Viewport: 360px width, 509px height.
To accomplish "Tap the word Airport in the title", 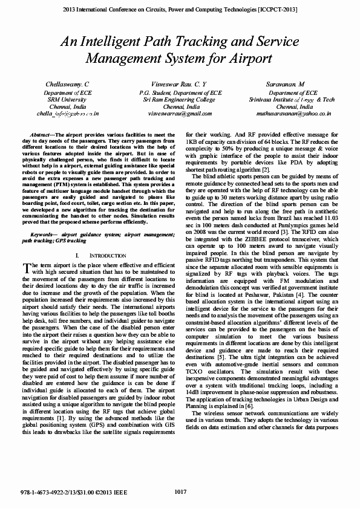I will (x=249, y=59).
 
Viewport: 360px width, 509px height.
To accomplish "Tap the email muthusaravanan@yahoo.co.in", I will (x=293, y=113).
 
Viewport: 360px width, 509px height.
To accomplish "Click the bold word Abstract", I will (x=41, y=134).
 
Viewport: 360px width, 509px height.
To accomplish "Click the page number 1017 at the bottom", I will (x=180, y=492).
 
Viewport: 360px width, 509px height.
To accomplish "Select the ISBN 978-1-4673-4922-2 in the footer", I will (x=46, y=493).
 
